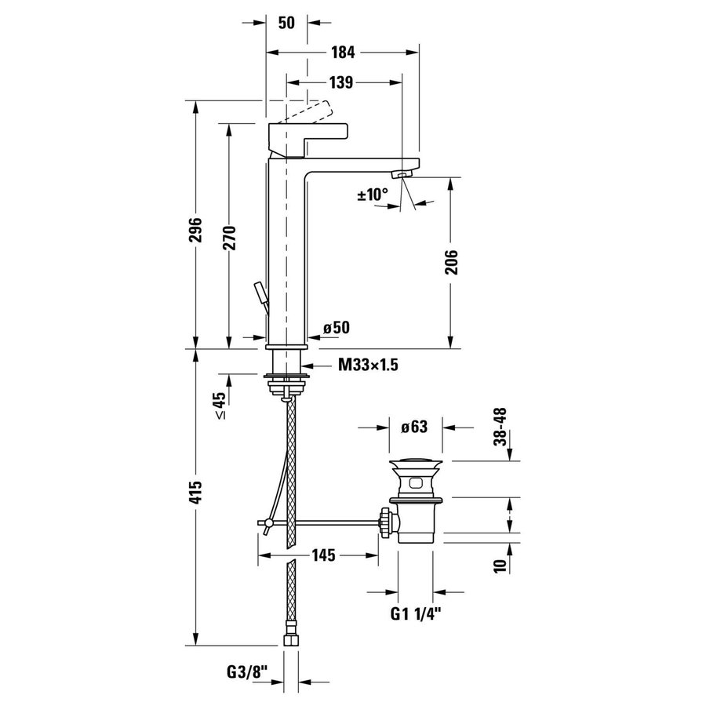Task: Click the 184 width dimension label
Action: (x=343, y=53)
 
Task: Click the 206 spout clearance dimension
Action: (x=450, y=262)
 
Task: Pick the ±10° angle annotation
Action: (x=373, y=194)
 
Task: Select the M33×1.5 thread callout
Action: (x=363, y=365)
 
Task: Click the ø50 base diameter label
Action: (x=336, y=328)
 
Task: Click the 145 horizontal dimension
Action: (x=323, y=555)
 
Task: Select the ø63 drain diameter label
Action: (x=413, y=428)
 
